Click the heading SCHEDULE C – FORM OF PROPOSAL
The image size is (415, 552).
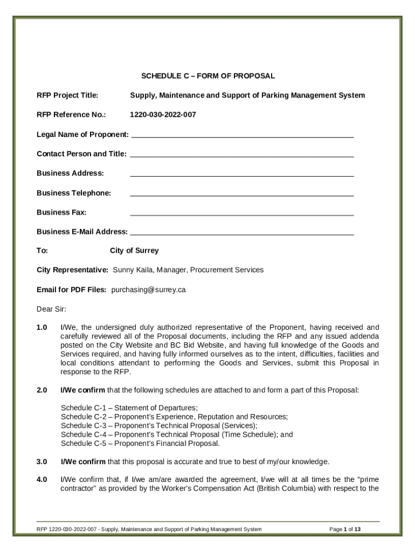point(208,76)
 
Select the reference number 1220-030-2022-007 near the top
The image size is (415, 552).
point(163,115)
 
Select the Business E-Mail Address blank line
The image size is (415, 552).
point(242,233)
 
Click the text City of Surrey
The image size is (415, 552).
point(134,251)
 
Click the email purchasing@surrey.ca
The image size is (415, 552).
point(148,289)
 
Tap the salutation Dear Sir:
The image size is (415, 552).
point(51,309)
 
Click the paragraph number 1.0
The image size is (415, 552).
point(42,327)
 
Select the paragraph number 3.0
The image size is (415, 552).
point(42,461)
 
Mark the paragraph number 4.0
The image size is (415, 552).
point(42,479)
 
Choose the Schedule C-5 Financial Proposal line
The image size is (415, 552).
point(140,443)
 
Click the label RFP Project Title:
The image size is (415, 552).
point(67,95)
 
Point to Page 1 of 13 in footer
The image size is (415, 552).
point(344,529)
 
